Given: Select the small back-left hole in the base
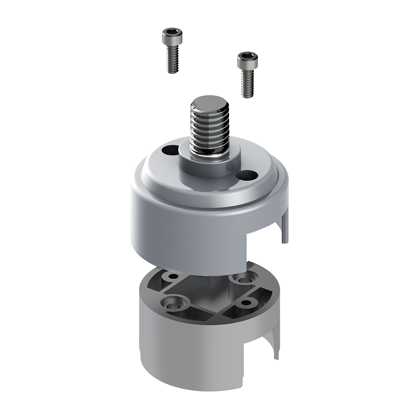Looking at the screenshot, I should pos(172,277).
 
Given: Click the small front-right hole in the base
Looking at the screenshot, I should pos(246,302).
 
